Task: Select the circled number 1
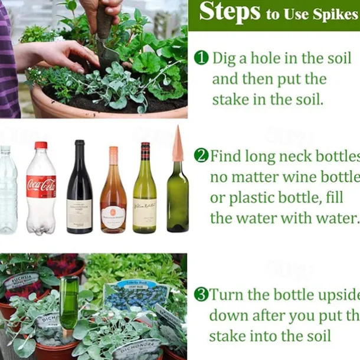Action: point(201,58)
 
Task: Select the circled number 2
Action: point(201,156)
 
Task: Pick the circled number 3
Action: point(201,294)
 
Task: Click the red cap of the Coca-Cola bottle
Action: point(41,145)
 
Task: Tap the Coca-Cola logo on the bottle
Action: point(41,186)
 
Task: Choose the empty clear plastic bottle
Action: point(8,189)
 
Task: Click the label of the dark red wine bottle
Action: point(79,213)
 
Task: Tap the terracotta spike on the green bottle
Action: point(177,145)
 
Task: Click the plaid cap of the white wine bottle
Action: point(145,152)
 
